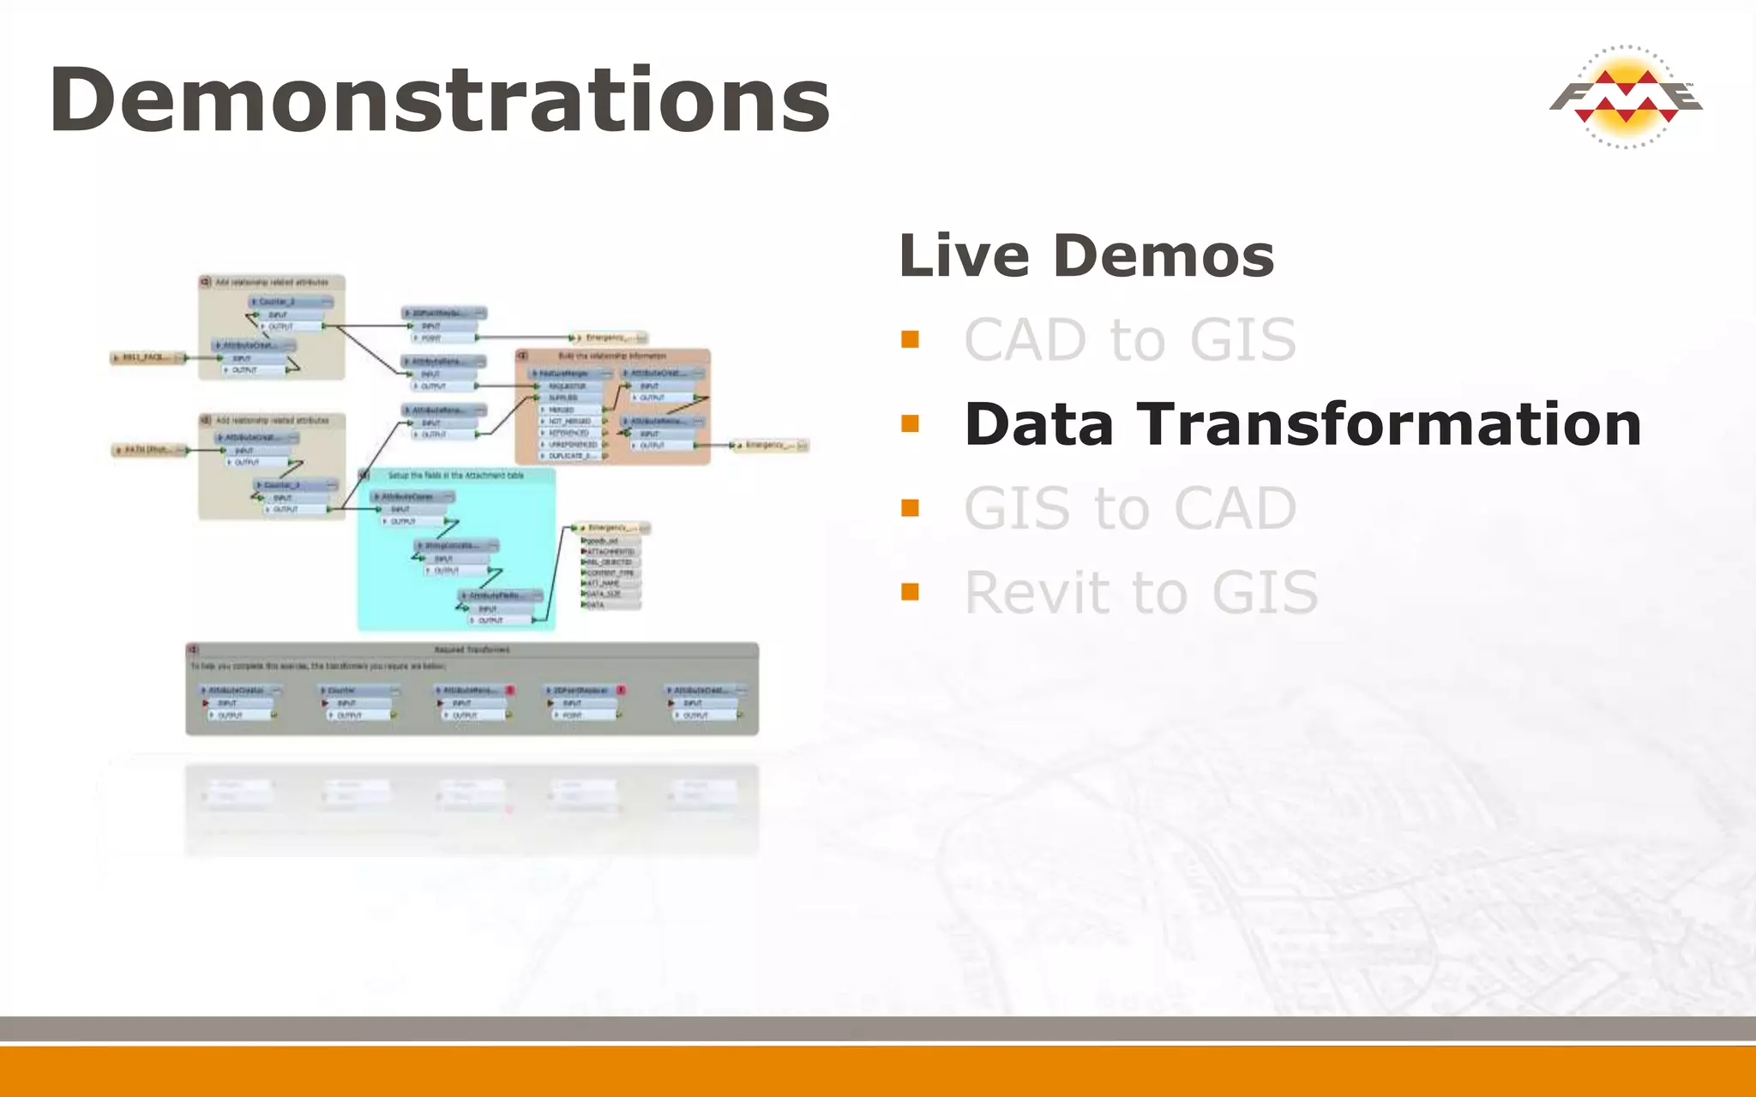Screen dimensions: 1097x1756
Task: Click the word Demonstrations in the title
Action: [439, 100]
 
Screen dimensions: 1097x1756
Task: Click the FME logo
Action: [1625, 97]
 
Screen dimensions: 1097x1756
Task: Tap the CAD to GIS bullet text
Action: [1129, 340]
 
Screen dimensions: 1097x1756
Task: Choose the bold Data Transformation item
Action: [1302, 424]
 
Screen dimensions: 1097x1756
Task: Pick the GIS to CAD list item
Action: [1129, 508]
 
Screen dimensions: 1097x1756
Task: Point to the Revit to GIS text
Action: [1140, 592]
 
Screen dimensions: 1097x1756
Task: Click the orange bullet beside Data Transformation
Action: [910, 424]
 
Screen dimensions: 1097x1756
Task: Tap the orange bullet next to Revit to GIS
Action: [910, 592]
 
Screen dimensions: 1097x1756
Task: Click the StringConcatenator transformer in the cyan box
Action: [455, 546]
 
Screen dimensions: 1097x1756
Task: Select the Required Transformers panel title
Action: [472, 650]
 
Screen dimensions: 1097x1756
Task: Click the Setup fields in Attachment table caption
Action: [456, 475]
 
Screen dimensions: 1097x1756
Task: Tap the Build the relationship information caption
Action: [612, 356]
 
